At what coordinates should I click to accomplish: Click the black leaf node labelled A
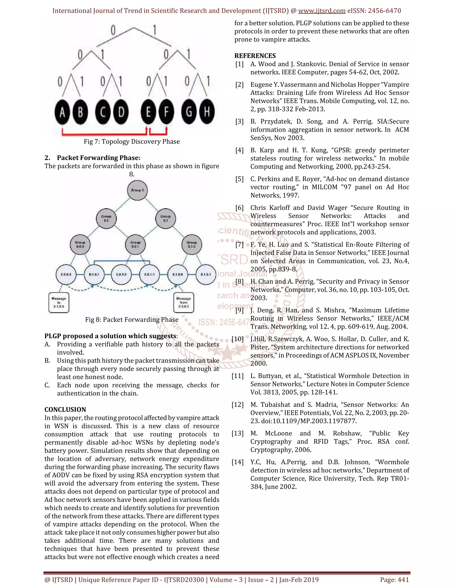(x=62, y=112)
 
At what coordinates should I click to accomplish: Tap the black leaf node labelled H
(x=206, y=112)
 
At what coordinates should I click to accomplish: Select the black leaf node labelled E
(x=148, y=112)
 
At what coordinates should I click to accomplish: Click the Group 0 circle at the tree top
(x=137, y=190)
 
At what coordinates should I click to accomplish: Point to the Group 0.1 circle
(x=165, y=218)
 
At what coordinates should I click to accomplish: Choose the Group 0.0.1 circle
(x=135, y=245)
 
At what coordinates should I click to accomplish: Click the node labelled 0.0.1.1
(x=149, y=274)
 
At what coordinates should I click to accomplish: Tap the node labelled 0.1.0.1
(x=206, y=274)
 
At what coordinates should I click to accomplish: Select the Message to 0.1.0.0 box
(x=59, y=303)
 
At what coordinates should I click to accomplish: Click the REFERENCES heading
(x=255, y=56)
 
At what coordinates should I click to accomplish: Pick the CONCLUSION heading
(x=65, y=410)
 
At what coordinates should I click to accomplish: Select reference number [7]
(x=239, y=245)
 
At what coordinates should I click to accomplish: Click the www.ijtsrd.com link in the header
(x=322, y=11)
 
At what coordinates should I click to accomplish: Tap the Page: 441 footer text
(x=394, y=580)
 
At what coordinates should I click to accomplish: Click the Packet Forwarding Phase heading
(x=98, y=158)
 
